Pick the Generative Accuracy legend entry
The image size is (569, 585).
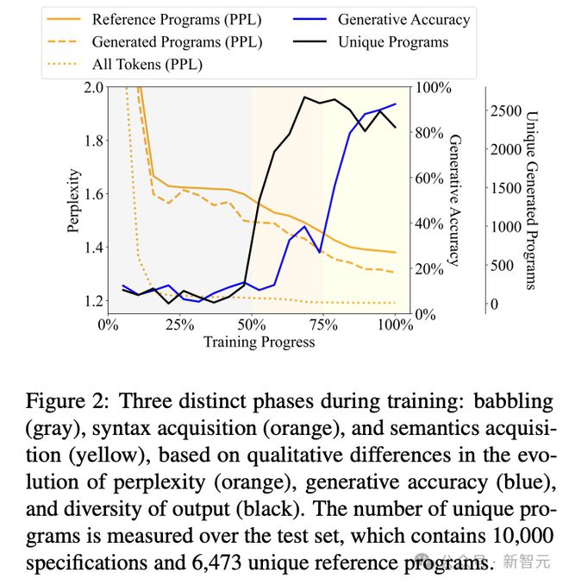point(403,19)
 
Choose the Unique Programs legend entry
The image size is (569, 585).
point(392,41)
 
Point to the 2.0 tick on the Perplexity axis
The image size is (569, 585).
point(92,87)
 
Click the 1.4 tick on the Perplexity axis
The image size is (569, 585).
point(92,248)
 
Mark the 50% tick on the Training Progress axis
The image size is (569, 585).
point(252,325)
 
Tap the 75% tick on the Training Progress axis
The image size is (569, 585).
point(323,325)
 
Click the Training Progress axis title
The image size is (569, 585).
point(259,342)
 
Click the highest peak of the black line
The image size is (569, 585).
point(304,97)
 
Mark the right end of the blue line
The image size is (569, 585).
point(396,104)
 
